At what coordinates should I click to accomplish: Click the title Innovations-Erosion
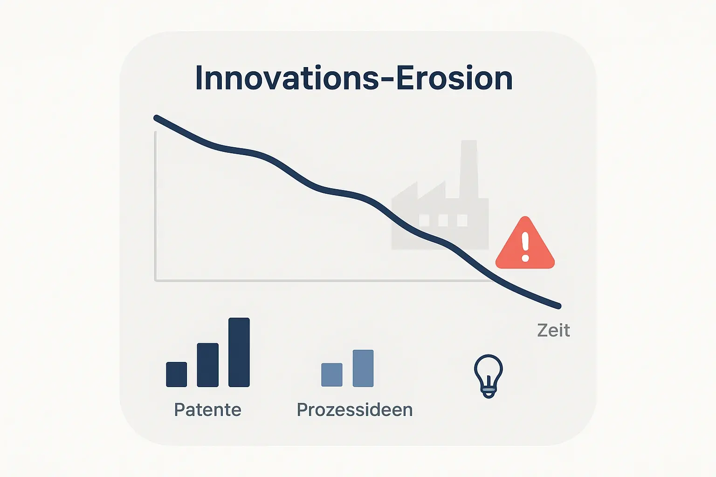point(354,78)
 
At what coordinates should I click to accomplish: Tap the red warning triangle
point(525,247)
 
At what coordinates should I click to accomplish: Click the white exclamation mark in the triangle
point(525,246)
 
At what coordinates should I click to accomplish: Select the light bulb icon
point(488,375)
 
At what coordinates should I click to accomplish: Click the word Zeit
point(553,330)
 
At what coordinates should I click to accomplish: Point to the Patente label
point(207,410)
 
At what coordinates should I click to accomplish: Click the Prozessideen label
point(355,410)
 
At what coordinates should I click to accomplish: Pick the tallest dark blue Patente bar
point(239,352)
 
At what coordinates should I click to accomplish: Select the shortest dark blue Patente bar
point(177,374)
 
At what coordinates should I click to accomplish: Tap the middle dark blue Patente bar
point(208,365)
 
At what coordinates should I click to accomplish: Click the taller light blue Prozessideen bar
point(363,368)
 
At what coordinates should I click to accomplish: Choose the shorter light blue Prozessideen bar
point(332,375)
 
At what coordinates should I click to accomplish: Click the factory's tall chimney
point(468,168)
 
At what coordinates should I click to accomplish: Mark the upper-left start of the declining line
point(156,117)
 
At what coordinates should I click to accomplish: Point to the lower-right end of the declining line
point(558,306)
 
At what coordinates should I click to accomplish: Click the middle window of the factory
point(443,220)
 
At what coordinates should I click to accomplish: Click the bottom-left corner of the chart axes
point(156,280)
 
